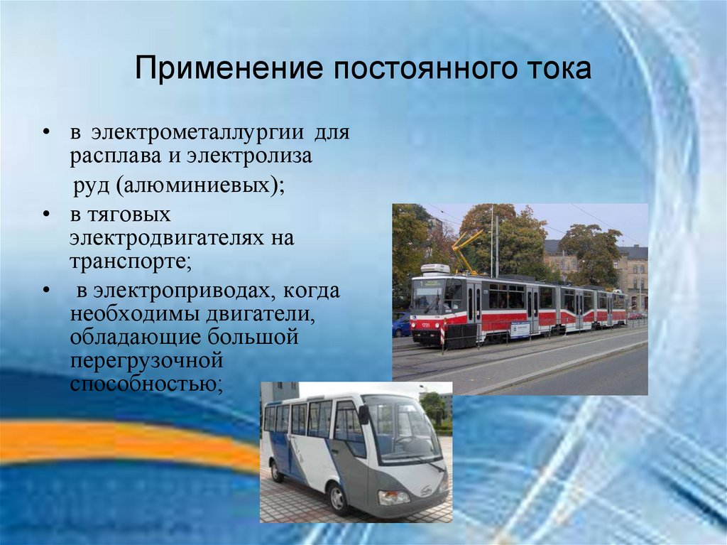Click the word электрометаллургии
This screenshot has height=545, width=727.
(x=197, y=133)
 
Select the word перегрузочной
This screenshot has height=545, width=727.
(x=146, y=361)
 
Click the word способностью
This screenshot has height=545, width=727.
(x=143, y=384)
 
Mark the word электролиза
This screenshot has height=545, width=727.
(x=250, y=156)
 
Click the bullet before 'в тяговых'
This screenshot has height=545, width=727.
(x=46, y=214)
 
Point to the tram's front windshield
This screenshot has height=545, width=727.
(x=427, y=298)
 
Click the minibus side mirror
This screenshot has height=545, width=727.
(x=363, y=414)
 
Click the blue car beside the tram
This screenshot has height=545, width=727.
(x=401, y=325)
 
